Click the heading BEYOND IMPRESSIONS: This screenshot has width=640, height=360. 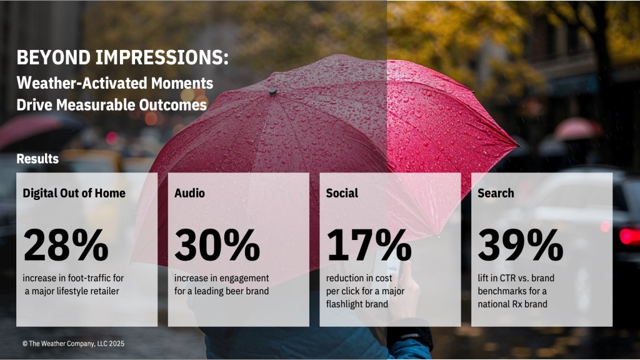tap(122, 57)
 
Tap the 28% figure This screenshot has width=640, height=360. tap(66, 245)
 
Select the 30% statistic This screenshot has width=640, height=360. tap(217, 245)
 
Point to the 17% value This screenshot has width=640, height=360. tap(369, 245)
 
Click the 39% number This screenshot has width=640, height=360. tap(521, 245)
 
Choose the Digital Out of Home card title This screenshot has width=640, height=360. tap(74, 193)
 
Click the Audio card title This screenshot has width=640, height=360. tap(189, 193)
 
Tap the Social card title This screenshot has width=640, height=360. tap(342, 193)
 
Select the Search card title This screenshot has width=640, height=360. tap(496, 193)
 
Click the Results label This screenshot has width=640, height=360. tap(37, 159)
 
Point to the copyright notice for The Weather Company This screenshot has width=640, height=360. tap(74, 344)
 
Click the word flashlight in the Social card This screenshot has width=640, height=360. tap(344, 304)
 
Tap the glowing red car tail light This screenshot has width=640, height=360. tap(629, 236)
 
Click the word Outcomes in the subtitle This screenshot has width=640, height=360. tap(172, 105)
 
